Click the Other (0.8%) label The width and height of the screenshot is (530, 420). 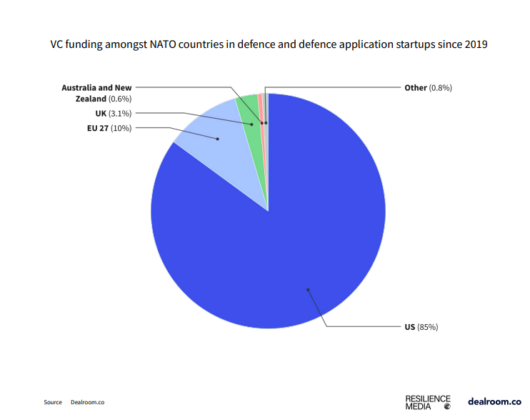point(428,87)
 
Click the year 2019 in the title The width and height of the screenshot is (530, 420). point(476,44)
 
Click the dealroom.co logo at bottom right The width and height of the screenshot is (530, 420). point(494,401)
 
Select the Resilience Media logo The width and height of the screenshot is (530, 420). point(428,401)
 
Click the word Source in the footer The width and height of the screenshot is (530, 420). point(53,402)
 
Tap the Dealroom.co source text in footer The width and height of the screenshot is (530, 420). point(88,402)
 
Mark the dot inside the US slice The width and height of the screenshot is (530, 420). point(308,290)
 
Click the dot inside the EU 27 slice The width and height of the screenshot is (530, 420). point(218,139)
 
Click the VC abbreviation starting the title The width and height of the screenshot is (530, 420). point(57,44)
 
